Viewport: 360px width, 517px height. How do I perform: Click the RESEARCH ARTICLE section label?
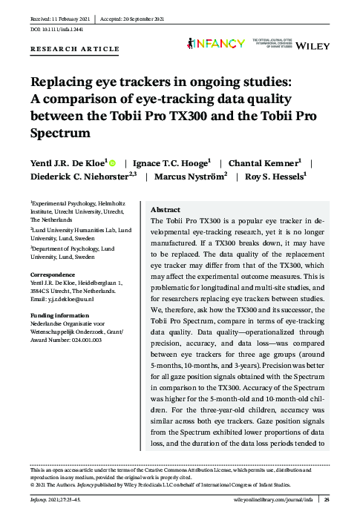(x=74, y=50)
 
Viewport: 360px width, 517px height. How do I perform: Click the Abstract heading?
(x=165, y=210)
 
